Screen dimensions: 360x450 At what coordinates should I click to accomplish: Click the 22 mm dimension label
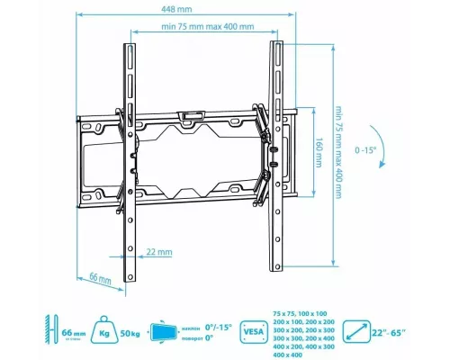coord(159,252)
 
